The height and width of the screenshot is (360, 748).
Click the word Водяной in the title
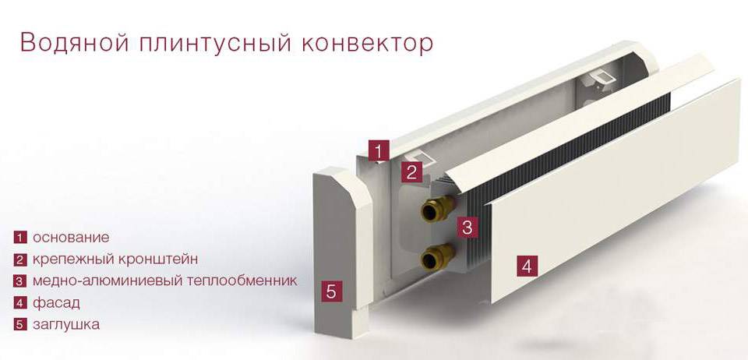(75, 43)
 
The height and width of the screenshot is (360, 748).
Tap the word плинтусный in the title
(216, 44)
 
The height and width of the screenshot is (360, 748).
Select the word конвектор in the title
(367, 44)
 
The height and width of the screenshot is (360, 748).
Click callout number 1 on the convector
(379, 152)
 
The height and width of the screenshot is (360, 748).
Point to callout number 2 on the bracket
(411, 171)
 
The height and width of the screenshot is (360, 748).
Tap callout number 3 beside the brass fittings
(467, 227)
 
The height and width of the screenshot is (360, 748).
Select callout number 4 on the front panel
(527, 266)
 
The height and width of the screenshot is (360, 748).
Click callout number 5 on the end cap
(332, 291)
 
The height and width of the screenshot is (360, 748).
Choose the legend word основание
(71, 238)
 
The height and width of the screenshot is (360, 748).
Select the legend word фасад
(56, 303)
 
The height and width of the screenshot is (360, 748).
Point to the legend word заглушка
(65, 325)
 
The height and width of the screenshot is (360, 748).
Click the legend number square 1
(19, 238)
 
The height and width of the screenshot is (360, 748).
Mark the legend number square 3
(19, 281)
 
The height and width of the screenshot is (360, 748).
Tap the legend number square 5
(19, 325)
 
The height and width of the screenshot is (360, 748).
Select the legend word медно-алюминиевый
(110, 281)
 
